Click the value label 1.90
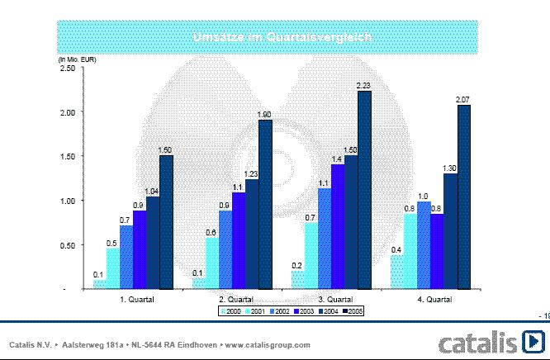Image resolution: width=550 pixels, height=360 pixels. click(265, 114)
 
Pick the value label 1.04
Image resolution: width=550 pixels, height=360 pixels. click(153, 191)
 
